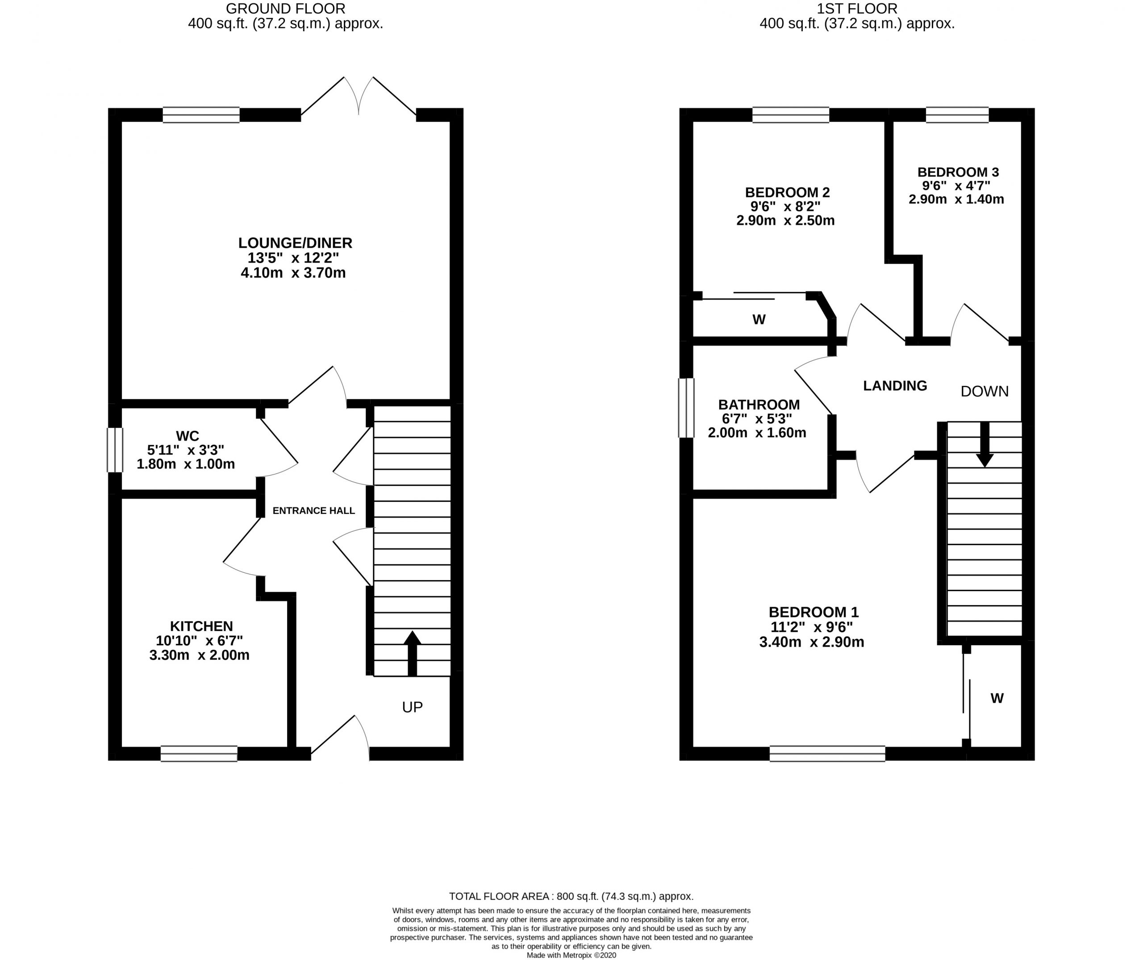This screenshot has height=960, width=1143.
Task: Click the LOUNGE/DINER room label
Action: click(295, 243)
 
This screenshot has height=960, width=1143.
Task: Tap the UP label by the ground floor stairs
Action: click(412, 707)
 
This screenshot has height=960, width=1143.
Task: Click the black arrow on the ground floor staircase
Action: click(412, 653)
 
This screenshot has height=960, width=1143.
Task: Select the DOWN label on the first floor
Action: click(984, 391)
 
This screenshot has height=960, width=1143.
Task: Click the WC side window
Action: click(115, 450)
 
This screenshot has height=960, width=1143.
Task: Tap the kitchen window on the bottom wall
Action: click(199, 753)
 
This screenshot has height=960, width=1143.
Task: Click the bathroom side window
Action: click(686, 408)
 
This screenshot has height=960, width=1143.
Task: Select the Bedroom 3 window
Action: click(957, 115)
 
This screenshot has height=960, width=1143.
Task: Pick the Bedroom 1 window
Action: click(827, 753)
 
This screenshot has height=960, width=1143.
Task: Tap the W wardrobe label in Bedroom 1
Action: click(997, 698)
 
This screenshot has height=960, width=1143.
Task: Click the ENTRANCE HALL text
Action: click(313, 510)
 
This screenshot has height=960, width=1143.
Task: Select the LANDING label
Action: click(895, 386)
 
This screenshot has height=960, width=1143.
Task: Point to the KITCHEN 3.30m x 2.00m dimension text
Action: click(199, 655)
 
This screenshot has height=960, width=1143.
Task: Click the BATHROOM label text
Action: click(759, 405)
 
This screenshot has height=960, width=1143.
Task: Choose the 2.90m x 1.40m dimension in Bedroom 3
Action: click(956, 199)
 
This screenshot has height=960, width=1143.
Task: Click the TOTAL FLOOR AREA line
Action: click(571, 896)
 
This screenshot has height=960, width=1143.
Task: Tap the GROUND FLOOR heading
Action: click(285, 9)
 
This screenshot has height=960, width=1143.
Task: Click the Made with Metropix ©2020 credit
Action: click(571, 955)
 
